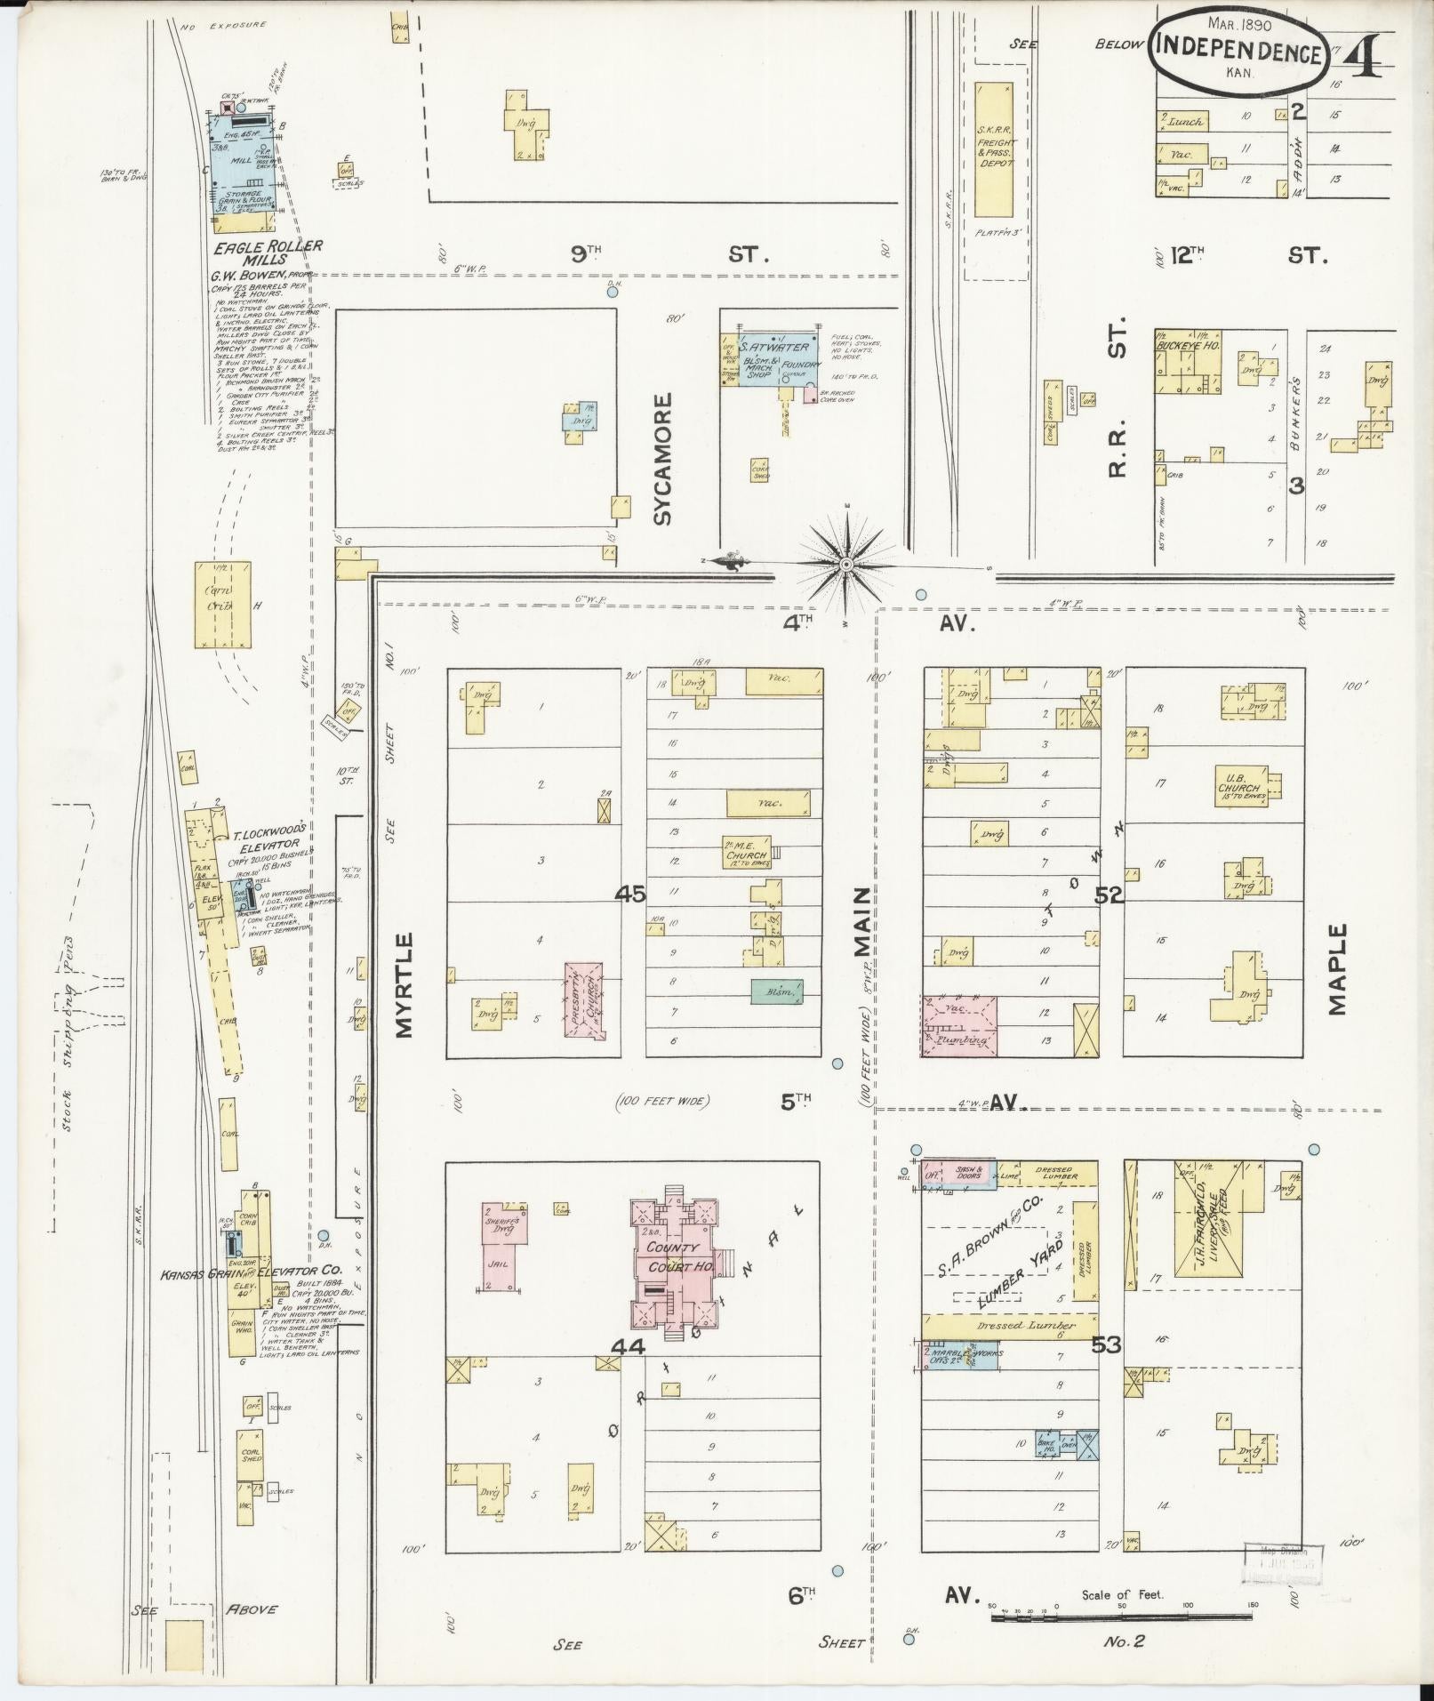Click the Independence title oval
pyautogui.click(x=1238, y=53)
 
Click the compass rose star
pyautogui.click(x=847, y=565)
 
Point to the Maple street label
pyautogui.click(x=1339, y=969)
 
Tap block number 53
pyautogui.click(x=1108, y=1370)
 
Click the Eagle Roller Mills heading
pyautogui.click(x=267, y=253)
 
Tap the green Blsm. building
pyautogui.click(x=776, y=992)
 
